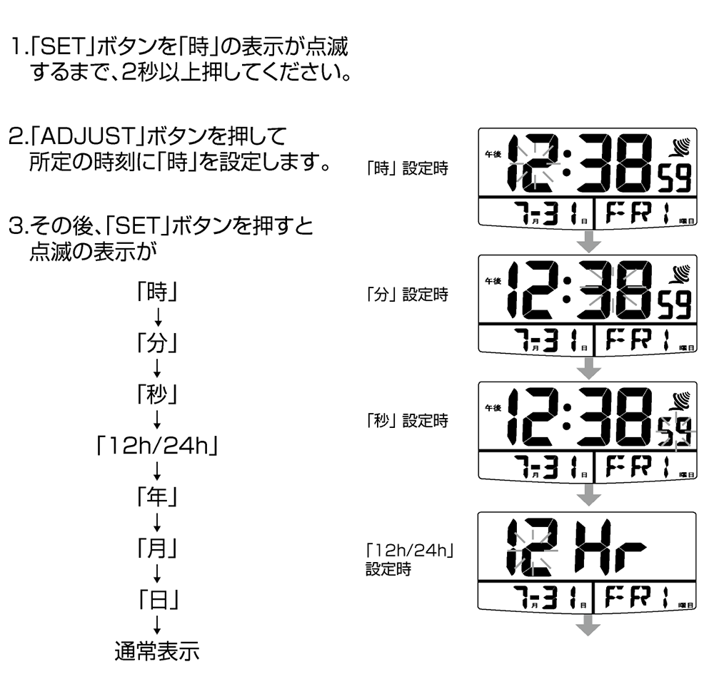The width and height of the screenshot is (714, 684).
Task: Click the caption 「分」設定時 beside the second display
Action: pos(406,294)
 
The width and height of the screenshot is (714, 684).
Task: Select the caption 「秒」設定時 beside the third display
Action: pos(406,420)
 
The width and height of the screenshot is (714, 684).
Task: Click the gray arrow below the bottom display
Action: pos(589,626)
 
